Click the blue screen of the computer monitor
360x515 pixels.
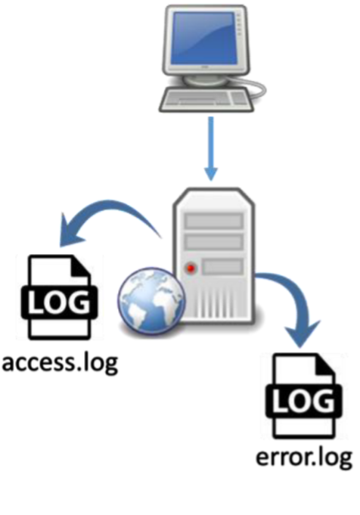coord(205,38)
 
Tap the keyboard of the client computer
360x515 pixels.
coord(206,100)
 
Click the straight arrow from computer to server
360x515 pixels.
coord(211,148)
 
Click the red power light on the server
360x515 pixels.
coord(191,268)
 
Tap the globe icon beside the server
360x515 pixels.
coord(151,300)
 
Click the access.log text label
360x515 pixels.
coord(60,363)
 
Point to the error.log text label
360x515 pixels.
coord(304,458)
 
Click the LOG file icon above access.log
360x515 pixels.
coord(59,297)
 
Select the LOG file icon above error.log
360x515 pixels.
coord(304,396)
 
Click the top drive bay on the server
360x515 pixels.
coord(214,221)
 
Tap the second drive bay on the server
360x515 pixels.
coord(214,242)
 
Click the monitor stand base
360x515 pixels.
coord(204,79)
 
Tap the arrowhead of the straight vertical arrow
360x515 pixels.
coord(211,173)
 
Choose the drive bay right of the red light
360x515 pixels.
coord(222,266)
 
